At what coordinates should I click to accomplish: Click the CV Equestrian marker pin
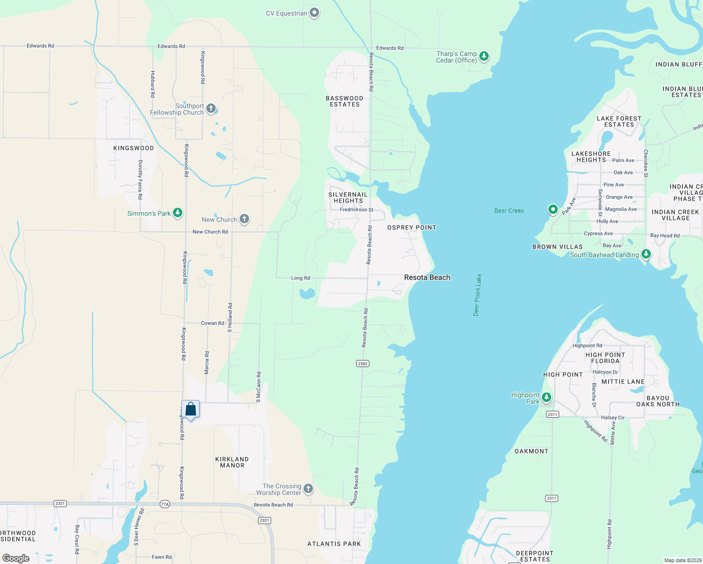pyautogui.click(x=314, y=13)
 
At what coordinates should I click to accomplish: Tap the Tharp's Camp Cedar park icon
pyautogui.click(x=484, y=56)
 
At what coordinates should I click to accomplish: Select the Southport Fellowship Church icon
pyautogui.click(x=211, y=109)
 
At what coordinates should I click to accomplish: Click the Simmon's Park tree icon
pyautogui.click(x=177, y=213)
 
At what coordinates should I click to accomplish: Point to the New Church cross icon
pyautogui.click(x=244, y=219)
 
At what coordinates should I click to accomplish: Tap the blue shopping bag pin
pyautogui.click(x=190, y=409)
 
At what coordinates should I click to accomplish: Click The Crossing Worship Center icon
pyautogui.click(x=308, y=489)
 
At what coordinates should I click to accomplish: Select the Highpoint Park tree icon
pyautogui.click(x=546, y=398)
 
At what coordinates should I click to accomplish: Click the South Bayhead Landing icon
pyautogui.click(x=646, y=254)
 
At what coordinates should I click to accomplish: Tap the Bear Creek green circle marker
pyautogui.click(x=553, y=209)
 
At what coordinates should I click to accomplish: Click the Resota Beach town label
pyautogui.click(x=427, y=277)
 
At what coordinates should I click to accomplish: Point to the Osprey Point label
pyautogui.click(x=412, y=227)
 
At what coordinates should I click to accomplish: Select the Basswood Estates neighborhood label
pyautogui.click(x=344, y=102)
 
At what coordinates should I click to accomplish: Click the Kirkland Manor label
pyautogui.click(x=232, y=462)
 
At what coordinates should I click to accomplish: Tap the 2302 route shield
pyautogui.click(x=363, y=363)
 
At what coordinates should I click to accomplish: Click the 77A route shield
pyautogui.click(x=164, y=504)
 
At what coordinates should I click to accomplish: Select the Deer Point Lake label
pyautogui.click(x=477, y=295)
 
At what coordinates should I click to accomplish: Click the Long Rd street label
pyautogui.click(x=300, y=278)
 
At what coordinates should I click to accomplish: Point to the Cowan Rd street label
pyautogui.click(x=212, y=323)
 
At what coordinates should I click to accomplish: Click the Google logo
pyautogui.click(x=16, y=558)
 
